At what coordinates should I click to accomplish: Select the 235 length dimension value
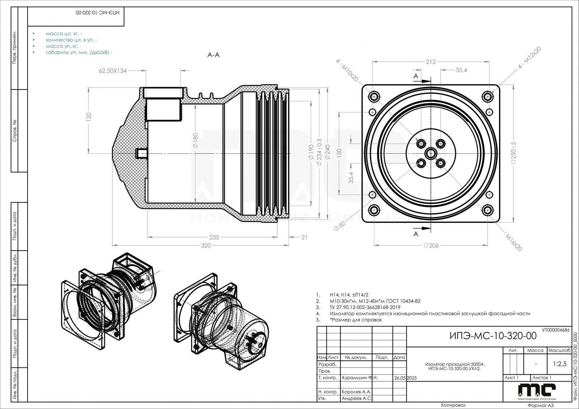[215, 237]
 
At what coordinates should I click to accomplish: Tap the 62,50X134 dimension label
[113, 71]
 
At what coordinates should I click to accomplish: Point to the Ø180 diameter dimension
[195, 140]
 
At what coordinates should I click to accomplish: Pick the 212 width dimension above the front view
[431, 62]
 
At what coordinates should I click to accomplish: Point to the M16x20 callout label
[514, 242]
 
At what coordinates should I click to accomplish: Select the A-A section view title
[214, 55]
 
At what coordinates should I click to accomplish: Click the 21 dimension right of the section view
[304, 237]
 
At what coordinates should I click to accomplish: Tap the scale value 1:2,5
[559, 364]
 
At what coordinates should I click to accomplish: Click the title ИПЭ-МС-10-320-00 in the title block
[493, 336]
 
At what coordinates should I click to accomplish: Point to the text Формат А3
[541, 405]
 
